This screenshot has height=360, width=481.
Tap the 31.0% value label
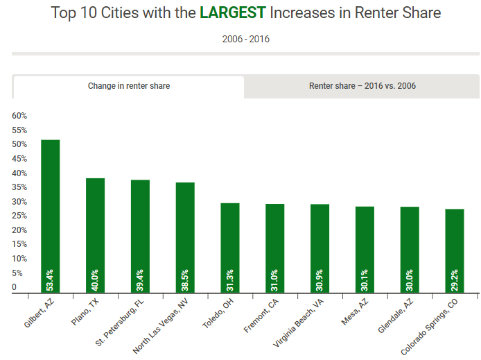pos(275,277)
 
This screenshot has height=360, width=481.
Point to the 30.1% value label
pos(365,277)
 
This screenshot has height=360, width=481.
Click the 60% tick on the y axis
pos(19,116)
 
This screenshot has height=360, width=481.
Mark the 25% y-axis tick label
pos(19,216)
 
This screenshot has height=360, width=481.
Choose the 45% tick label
pos(19,159)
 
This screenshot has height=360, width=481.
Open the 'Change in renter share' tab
pos(129,86)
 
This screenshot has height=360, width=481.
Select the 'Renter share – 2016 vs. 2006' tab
pos(362,86)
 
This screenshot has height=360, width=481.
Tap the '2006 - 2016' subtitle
pos(246,39)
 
